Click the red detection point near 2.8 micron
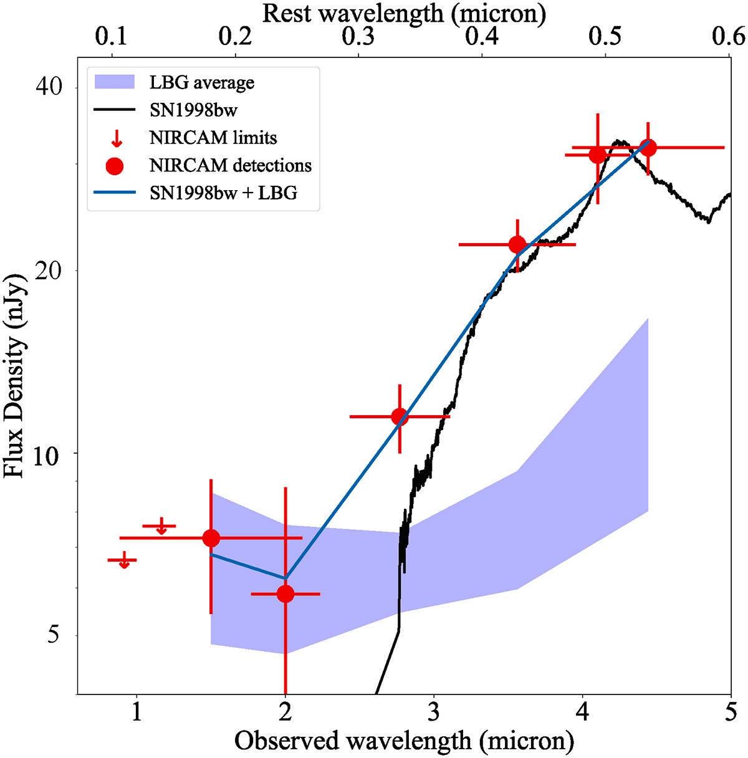400,416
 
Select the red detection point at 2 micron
285,593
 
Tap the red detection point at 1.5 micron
211,537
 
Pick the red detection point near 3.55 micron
517,244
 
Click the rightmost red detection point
648,147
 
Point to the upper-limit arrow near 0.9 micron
124,562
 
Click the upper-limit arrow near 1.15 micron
161,527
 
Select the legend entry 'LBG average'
201,82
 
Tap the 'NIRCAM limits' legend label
213,137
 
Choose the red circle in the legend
115,166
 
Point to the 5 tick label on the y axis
57,635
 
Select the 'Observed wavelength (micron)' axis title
404,741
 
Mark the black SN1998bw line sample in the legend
115,110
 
